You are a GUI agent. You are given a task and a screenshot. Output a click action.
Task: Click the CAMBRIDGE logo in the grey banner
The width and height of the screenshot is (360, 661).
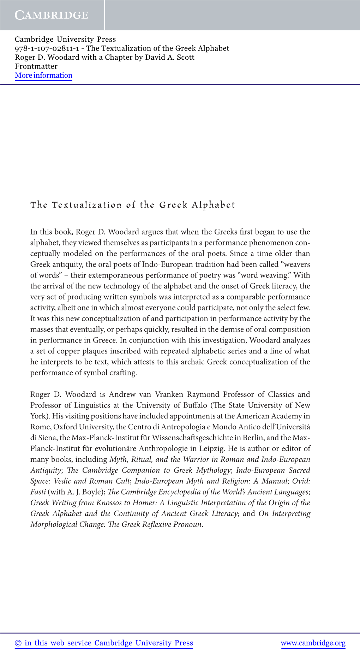point(52,15)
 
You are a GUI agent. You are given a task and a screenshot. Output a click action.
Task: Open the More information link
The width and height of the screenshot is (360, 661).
point(43,75)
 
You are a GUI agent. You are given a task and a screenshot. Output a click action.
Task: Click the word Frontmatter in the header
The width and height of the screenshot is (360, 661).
point(36,66)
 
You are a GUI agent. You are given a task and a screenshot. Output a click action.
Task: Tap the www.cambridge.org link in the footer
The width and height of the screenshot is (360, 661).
point(313,643)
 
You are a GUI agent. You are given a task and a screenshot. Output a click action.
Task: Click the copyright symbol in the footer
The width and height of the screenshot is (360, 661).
point(18,643)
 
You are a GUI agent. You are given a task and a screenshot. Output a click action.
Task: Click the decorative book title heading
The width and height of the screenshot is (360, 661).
point(133,205)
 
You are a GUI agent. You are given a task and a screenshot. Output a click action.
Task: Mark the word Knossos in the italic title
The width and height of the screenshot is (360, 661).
point(109,503)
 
